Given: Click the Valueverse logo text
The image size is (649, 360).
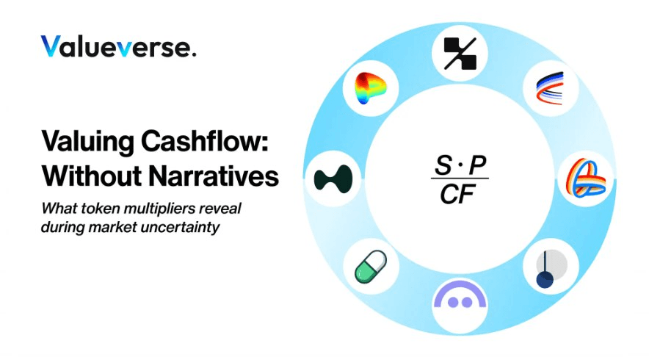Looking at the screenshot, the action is click(118, 46).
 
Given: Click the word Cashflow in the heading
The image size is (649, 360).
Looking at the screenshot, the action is click(205, 142).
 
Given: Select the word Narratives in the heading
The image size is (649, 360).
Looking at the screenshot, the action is click(214, 176).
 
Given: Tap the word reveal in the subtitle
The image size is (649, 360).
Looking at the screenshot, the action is click(220, 208).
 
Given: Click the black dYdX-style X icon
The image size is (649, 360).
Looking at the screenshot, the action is click(460, 54).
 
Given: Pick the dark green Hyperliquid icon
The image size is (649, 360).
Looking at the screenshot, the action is click(333, 179).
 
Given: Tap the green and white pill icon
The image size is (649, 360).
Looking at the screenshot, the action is click(371, 267).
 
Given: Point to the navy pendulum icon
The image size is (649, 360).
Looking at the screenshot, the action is click(550, 268).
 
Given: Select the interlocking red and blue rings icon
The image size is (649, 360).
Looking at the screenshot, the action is click(586, 178).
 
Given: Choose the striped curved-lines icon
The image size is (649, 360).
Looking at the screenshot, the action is click(550, 88).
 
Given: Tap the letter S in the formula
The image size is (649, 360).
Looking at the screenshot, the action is click(443, 165).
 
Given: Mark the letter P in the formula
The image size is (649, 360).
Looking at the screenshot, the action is click(477, 165).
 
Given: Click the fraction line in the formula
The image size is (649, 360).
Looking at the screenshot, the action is click(460, 179).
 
